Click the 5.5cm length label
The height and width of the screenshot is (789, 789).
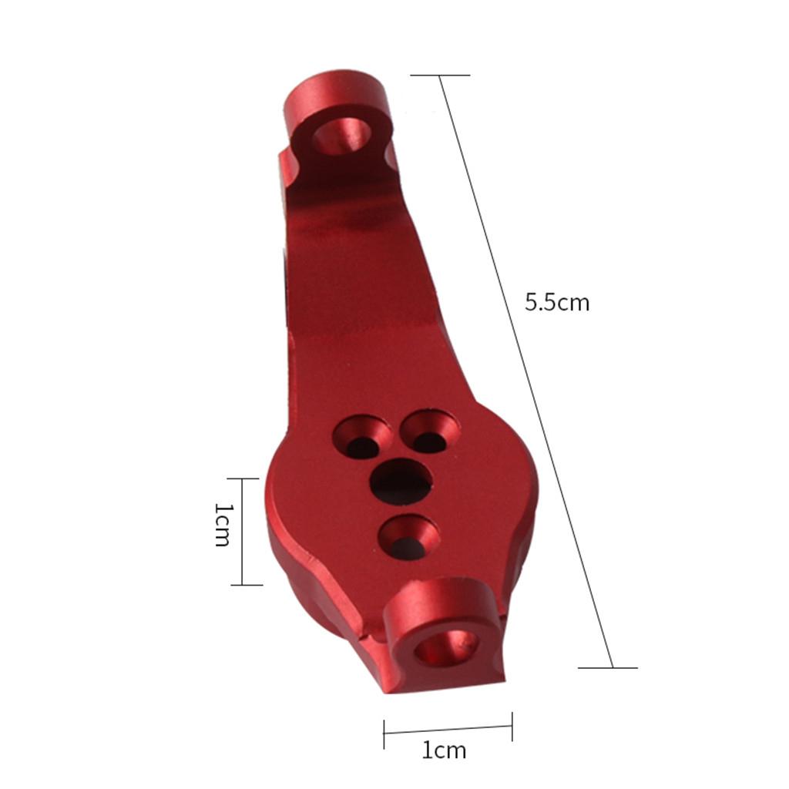(557, 303)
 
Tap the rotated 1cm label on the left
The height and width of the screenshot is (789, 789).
(222, 524)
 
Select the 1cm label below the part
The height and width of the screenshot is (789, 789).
(444, 750)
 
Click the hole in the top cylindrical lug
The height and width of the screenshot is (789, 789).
(341, 136)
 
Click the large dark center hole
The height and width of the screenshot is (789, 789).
(401, 481)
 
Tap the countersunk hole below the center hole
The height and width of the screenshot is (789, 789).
(408, 537)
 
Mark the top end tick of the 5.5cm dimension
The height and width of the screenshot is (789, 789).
(440, 76)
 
